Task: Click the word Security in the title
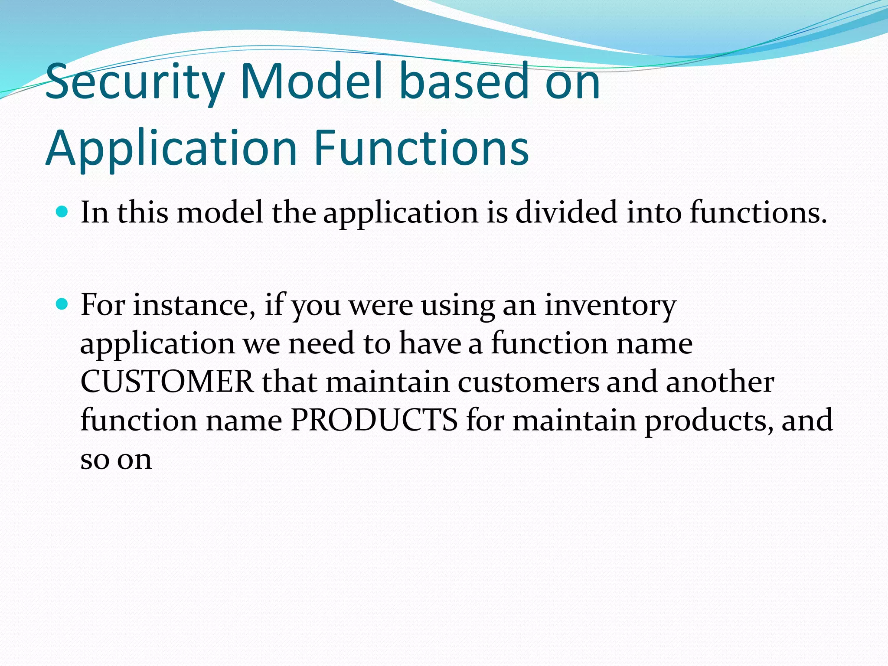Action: tap(134, 82)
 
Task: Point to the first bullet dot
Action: tap(62, 212)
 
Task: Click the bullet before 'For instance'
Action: tap(62, 304)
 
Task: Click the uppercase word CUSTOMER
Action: tap(167, 382)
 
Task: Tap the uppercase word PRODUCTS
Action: tap(374, 420)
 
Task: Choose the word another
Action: tap(719, 382)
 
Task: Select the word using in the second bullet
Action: tap(457, 306)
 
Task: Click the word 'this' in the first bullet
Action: tap(143, 212)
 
